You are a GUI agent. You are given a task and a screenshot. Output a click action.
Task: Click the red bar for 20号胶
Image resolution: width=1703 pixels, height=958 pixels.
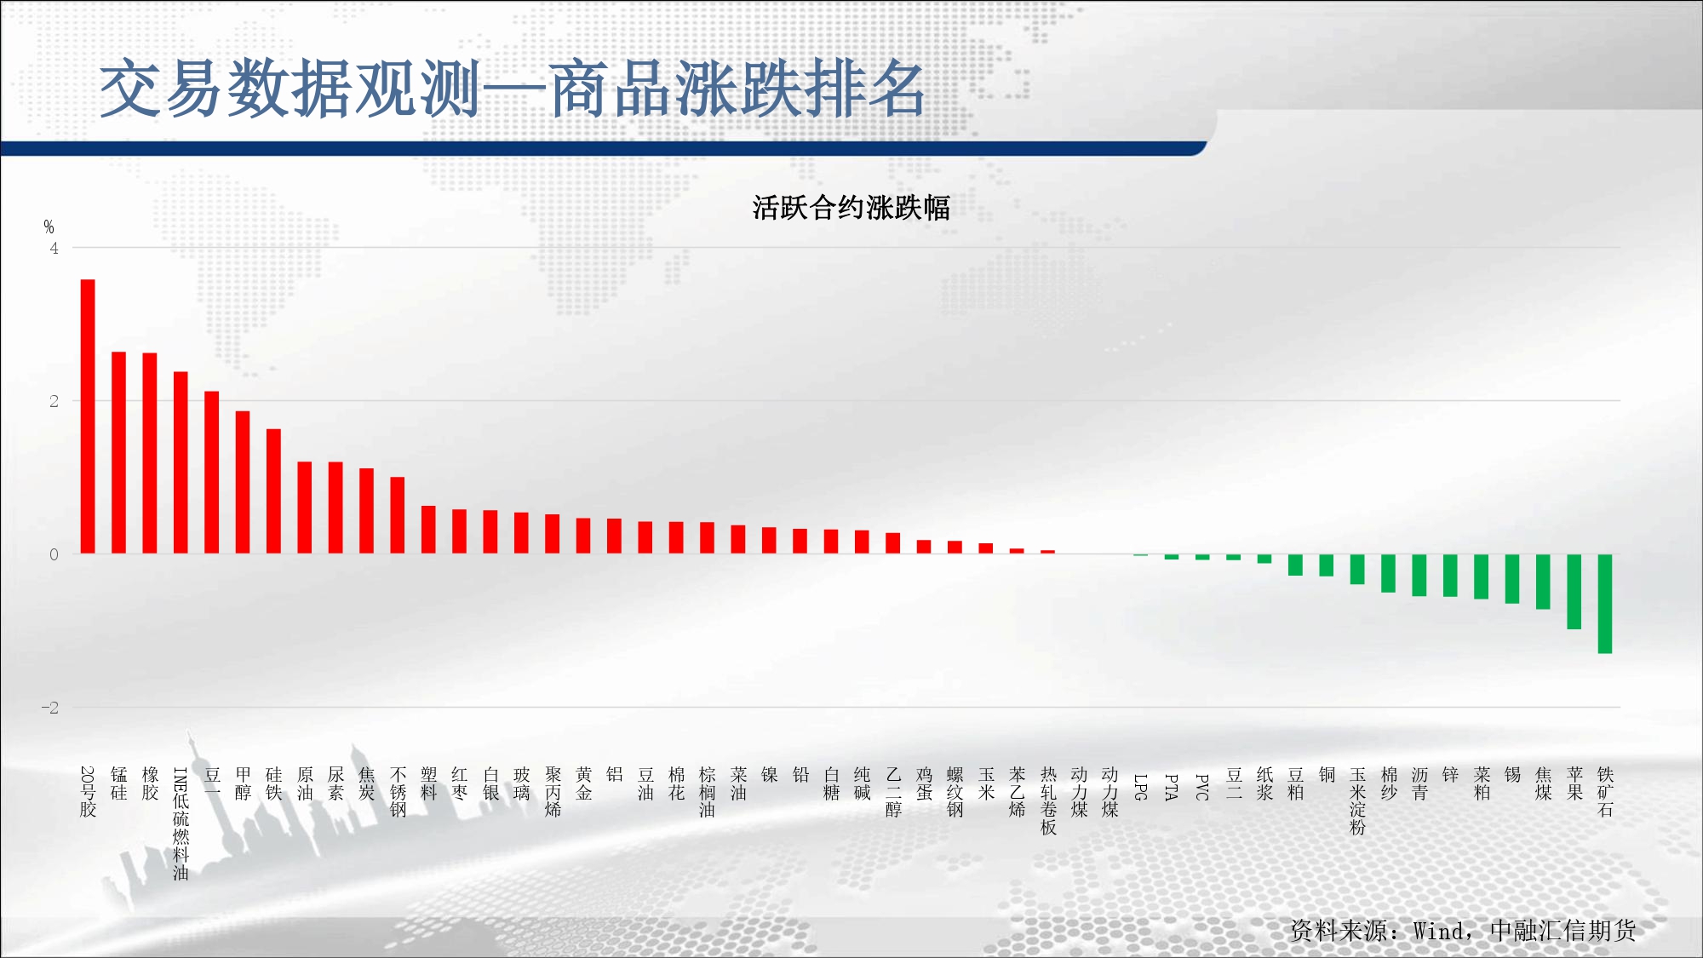point(88,416)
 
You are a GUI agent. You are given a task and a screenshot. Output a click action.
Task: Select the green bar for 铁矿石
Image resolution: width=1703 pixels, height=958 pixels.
point(1605,604)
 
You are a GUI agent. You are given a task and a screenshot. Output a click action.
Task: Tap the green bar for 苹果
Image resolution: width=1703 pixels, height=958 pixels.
point(1574,592)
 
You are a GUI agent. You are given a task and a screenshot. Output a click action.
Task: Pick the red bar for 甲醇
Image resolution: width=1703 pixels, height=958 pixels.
point(243,482)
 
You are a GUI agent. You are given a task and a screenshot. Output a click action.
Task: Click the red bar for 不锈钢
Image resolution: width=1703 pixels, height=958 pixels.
point(398,515)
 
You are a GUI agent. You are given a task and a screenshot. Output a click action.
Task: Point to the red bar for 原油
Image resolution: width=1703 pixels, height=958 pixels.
point(305,508)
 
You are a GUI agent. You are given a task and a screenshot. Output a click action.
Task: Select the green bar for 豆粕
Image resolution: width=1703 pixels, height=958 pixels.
point(1295,565)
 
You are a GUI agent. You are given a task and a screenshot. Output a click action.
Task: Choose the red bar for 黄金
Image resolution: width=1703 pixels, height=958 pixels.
point(583,536)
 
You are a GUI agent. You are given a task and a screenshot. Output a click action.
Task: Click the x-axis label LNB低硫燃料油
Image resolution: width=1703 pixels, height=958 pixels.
point(181,823)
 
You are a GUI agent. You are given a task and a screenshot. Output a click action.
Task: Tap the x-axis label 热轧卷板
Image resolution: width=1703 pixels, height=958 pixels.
point(1048,800)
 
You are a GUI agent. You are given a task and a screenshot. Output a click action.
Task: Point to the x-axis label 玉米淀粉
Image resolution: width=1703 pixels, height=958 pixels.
point(1357,800)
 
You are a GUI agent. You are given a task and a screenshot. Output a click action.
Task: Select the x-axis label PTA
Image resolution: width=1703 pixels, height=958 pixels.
point(1172,787)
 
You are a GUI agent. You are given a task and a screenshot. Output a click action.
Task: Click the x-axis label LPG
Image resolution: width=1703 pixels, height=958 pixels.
point(1141,787)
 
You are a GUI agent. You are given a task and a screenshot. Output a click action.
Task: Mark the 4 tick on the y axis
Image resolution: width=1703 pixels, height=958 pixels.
point(54,248)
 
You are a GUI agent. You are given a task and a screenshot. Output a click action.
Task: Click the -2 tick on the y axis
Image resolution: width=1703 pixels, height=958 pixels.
point(50,708)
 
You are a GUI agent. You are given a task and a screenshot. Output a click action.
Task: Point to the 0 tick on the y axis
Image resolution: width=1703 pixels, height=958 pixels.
point(54,554)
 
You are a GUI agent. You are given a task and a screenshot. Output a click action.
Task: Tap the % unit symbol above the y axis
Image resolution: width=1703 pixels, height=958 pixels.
point(49,227)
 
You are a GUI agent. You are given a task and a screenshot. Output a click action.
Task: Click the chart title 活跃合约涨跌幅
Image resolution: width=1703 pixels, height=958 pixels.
point(851,207)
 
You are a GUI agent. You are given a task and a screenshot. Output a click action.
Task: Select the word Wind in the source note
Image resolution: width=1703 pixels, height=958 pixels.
point(1440,931)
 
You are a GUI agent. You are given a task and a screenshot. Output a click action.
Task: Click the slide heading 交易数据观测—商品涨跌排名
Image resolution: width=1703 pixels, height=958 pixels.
point(513,89)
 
